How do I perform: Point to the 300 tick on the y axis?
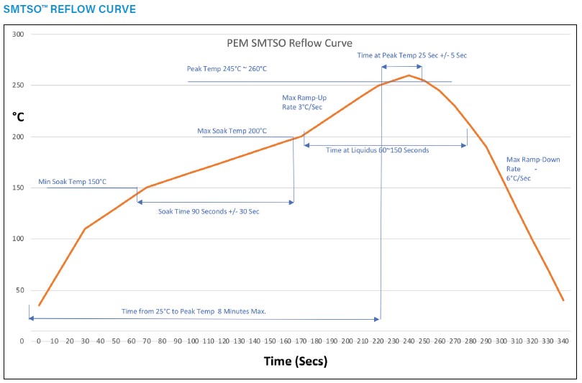[18, 34]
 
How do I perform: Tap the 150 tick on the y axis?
[18, 188]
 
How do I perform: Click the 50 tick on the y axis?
[19, 290]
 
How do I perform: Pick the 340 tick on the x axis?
[563, 341]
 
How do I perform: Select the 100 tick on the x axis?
[193, 341]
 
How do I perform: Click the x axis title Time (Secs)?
[295, 361]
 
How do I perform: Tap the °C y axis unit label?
[19, 116]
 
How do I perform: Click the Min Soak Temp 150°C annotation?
[72, 182]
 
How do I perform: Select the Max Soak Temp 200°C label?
[232, 131]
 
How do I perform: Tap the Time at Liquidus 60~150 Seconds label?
[377, 151]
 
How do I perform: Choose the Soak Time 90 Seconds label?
[209, 211]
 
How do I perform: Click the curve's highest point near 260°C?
[409, 75]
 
